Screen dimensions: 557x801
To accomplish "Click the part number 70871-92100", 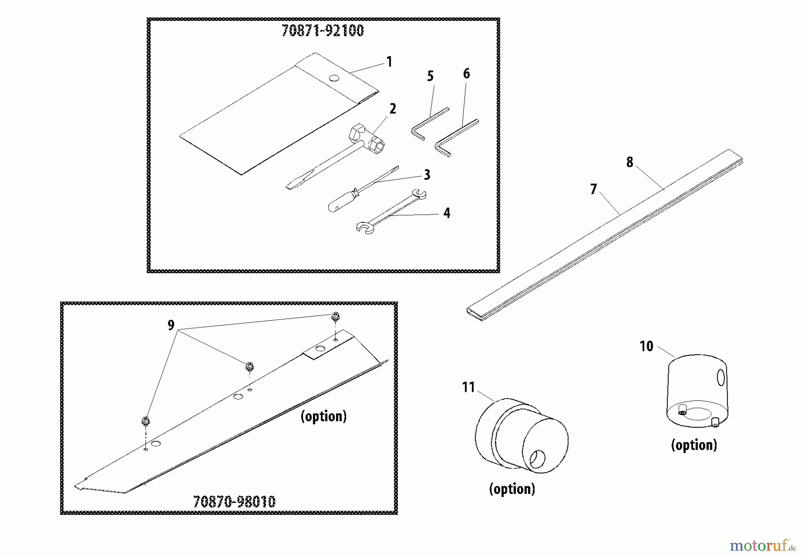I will pos(322,31).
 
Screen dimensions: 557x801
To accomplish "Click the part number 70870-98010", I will pos(235,502).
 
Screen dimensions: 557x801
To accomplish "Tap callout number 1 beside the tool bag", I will pos(389,62).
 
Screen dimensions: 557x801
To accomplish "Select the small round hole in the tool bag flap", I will pos(334,78).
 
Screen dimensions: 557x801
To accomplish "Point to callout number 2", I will pos(392,109).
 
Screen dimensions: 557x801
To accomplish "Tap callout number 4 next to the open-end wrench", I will pos(446,213).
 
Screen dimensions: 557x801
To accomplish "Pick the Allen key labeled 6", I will pos(456,133).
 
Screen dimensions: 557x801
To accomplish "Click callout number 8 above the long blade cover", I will pos(629,162).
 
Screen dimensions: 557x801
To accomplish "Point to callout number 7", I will pos(593,189).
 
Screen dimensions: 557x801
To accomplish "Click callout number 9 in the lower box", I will pos(171,326).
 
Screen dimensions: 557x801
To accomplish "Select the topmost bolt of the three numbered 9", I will pos(335,317).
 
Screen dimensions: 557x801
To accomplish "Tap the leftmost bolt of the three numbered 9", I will pos(145,420).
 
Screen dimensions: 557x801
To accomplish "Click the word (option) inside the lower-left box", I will pos(324,416).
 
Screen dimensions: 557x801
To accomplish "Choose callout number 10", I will pos(646,346).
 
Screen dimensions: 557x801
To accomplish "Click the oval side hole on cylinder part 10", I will pos(721,378).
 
